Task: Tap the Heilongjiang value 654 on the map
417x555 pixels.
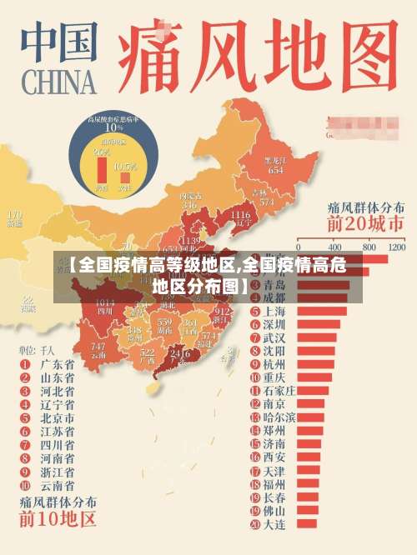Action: pos(274,169)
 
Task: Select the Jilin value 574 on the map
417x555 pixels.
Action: pos(266,202)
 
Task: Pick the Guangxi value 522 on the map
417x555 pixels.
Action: pos(148,355)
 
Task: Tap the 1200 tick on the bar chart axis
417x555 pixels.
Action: pos(397,247)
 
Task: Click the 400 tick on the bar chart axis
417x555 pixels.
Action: pos(335,247)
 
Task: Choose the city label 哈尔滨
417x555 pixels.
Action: pos(279,417)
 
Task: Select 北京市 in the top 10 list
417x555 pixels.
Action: pos(57,418)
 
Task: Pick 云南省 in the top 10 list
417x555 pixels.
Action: pos(57,485)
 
